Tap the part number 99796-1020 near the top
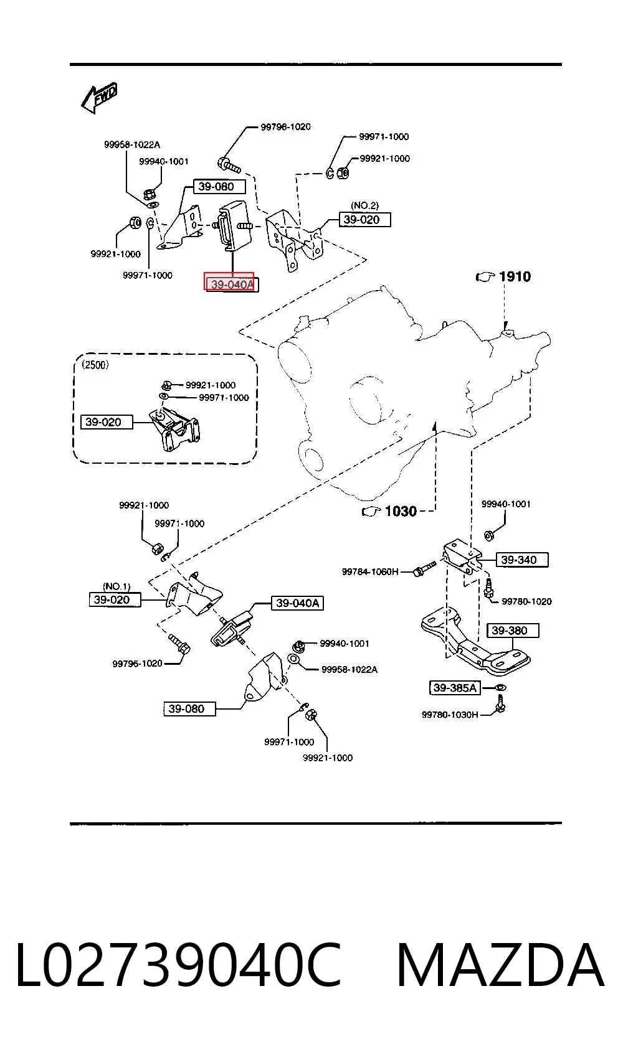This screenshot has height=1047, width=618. click(x=285, y=126)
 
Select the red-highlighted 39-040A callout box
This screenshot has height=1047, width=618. click(x=229, y=281)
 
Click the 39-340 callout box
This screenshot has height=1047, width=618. click(x=519, y=560)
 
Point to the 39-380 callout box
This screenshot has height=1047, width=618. click(x=513, y=631)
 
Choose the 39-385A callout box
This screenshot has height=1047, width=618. click(x=455, y=688)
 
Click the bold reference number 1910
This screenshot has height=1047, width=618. click(x=515, y=277)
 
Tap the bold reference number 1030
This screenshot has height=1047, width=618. click(x=401, y=511)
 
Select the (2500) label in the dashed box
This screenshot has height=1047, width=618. click(x=95, y=365)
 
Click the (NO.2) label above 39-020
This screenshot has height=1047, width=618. click(x=365, y=205)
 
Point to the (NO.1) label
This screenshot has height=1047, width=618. click(x=116, y=586)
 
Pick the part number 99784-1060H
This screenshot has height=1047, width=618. click(x=370, y=571)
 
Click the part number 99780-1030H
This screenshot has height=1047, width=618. click(x=450, y=715)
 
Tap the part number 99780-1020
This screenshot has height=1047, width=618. click(x=527, y=601)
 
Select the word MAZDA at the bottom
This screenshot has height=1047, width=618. click(x=501, y=965)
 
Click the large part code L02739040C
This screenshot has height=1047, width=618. click(x=179, y=965)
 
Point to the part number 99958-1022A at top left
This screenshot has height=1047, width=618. click(x=132, y=145)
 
